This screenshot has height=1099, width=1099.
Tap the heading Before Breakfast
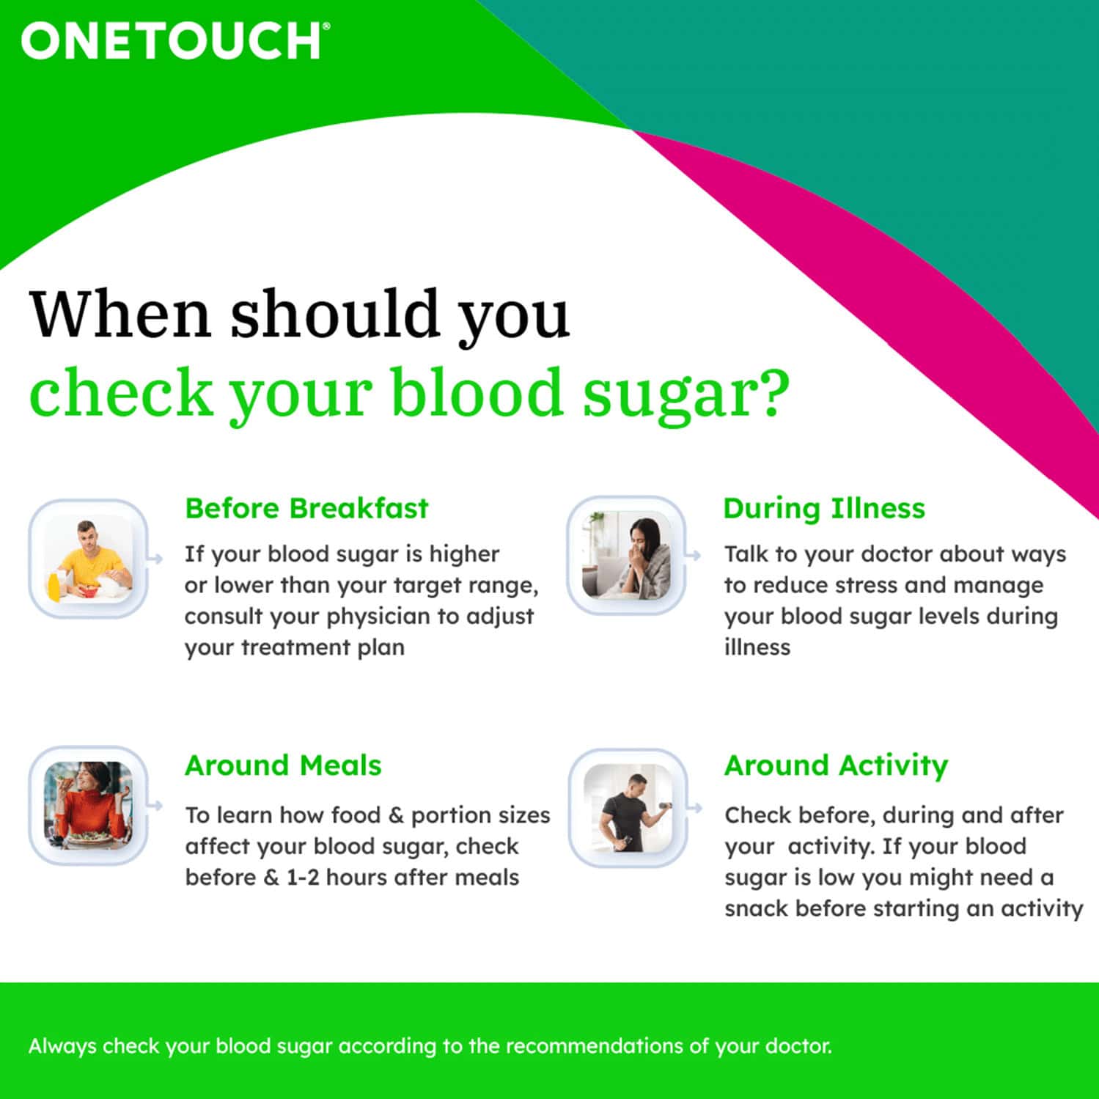[x=306, y=508]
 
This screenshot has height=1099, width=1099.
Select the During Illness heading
[x=824, y=508]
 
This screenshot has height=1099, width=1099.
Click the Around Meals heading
[x=283, y=765]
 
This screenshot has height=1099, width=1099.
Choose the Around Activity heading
[x=836, y=765]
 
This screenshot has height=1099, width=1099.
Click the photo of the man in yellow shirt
[x=88, y=559]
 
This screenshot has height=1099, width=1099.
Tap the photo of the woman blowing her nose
[x=628, y=556]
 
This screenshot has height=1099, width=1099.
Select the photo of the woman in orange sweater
[x=88, y=805]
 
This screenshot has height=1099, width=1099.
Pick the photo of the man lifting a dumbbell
[x=628, y=808]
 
